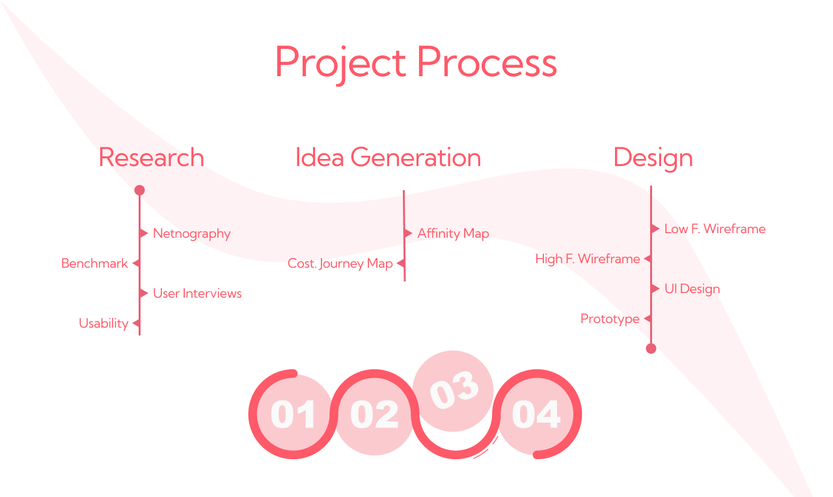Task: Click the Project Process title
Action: [x=416, y=63]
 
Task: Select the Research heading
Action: [x=151, y=158]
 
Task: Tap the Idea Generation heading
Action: [x=388, y=158]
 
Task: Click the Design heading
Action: [x=653, y=158]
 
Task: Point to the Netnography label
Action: [x=191, y=233]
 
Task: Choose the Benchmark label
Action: [x=94, y=263]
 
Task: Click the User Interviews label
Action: [x=197, y=293]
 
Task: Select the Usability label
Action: [x=103, y=323]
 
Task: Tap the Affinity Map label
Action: [x=453, y=233]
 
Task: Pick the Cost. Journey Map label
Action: [x=340, y=263]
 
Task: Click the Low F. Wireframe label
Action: [x=715, y=229]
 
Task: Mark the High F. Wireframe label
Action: [x=588, y=259]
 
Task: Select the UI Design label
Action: [x=692, y=289]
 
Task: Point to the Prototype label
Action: [x=610, y=319]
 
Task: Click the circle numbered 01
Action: [x=293, y=415]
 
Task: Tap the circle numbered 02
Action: [x=374, y=415]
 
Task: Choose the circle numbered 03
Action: [x=454, y=391]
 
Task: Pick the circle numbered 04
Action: [x=536, y=415]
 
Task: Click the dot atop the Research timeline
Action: [x=139, y=191]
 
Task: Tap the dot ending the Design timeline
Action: [x=651, y=348]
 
